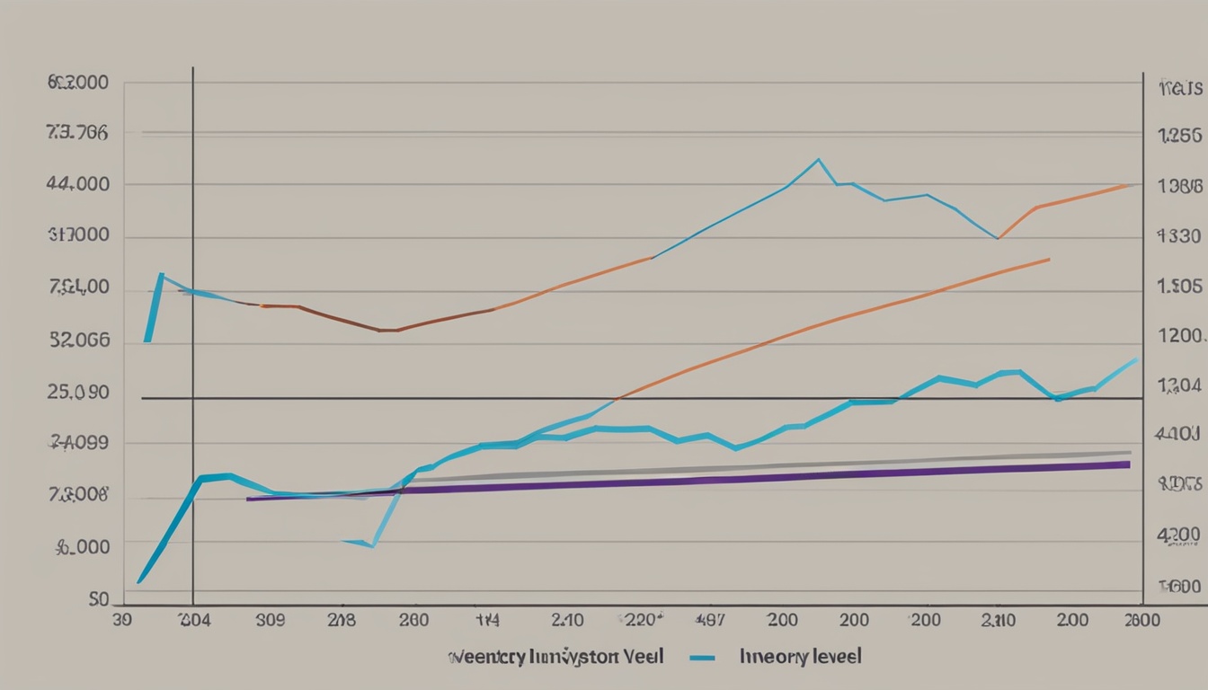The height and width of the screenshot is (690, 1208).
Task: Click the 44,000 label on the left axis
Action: (78, 184)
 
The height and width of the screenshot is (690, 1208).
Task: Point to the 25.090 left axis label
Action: (78, 393)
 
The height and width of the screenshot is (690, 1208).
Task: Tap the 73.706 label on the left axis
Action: (76, 133)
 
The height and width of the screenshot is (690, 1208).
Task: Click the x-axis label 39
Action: (122, 619)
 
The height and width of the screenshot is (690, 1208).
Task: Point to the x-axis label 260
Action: (413, 619)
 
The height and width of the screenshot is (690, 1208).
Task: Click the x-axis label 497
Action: (711, 619)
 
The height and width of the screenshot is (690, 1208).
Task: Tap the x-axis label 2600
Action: (1141, 619)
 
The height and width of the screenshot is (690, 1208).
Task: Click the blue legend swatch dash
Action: (702, 658)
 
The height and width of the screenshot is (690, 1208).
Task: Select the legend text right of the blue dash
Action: (800, 657)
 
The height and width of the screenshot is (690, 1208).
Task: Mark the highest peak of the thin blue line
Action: (818, 160)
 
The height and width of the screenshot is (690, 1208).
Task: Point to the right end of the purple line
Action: (1128, 464)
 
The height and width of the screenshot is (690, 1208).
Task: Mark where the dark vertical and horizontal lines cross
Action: (192, 398)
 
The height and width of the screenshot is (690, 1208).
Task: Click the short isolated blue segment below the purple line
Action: (358, 543)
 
